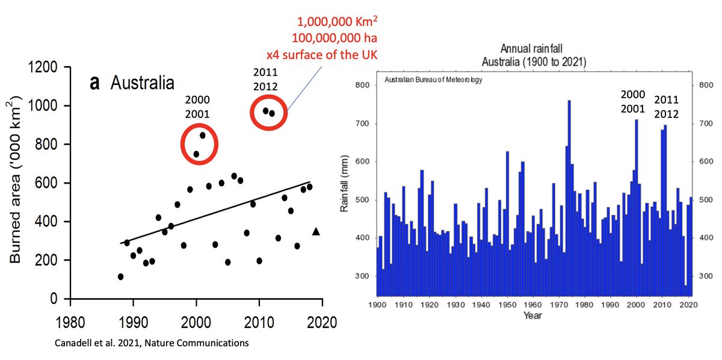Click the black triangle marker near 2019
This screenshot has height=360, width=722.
316,231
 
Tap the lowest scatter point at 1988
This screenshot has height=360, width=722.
120,277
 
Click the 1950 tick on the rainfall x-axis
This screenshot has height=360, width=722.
507,305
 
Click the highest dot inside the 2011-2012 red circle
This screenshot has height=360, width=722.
265,111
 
